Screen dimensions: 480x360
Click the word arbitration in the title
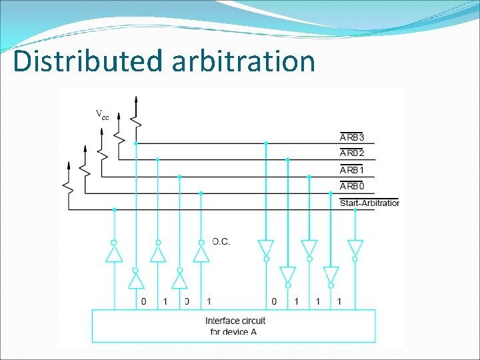coord(243,61)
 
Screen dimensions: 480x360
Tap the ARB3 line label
coord(352,137)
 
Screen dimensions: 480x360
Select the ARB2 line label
coord(352,153)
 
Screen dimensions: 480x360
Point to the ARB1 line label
coord(352,170)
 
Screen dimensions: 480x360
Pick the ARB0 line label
coord(352,186)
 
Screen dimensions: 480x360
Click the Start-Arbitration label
coord(369,203)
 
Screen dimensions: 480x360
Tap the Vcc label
coord(102,115)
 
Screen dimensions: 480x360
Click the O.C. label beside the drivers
coord(221,241)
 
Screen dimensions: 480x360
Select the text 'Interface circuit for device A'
coord(235,326)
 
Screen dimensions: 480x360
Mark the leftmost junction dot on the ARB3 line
coord(136,143)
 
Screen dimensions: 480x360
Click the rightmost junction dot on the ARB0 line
coord(331,193)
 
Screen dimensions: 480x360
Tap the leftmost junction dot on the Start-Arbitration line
coord(114,209)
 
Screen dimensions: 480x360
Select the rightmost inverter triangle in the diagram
coord(355,248)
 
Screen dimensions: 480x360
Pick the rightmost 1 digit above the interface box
coord(339,302)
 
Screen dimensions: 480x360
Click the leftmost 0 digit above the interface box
coord(143,302)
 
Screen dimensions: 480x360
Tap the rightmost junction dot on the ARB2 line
coord(287,160)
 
